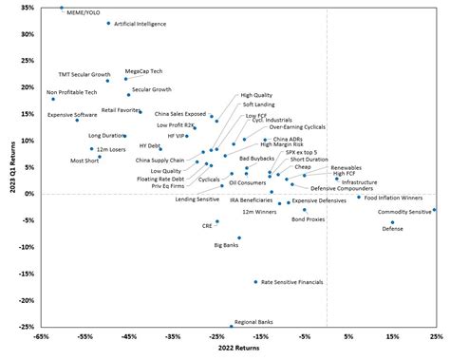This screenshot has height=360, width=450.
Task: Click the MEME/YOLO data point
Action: (x=62, y=8)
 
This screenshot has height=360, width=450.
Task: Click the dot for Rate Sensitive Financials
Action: (x=255, y=281)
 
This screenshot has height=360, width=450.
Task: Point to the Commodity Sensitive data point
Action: (x=434, y=210)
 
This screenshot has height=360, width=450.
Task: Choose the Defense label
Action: (x=392, y=230)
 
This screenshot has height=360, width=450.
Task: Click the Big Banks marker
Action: (x=239, y=237)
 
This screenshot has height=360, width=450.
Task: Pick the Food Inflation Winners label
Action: (x=399, y=197)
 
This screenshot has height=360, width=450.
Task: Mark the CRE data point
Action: (x=216, y=221)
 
